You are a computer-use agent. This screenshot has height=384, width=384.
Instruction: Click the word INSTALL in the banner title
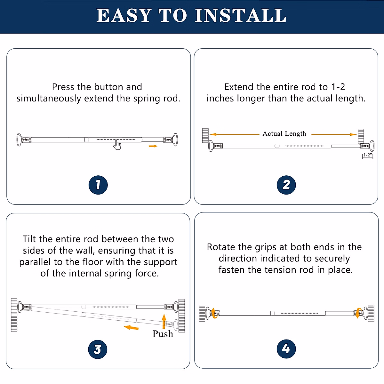click(241, 15)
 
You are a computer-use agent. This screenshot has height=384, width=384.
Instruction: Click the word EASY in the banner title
click(124, 15)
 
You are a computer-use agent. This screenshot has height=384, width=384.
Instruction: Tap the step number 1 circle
click(98, 185)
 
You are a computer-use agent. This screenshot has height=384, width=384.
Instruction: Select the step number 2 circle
click(286, 185)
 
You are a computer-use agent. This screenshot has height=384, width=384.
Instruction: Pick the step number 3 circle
click(98, 349)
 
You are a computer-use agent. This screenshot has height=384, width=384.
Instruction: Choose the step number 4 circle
click(286, 349)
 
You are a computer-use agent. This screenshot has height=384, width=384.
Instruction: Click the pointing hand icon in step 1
click(117, 145)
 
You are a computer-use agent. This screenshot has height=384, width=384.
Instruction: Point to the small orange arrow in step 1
click(153, 146)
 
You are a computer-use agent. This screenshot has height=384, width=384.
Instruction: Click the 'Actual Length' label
click(284, 134)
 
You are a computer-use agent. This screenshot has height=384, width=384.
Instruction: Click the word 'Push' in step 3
click(163, 334)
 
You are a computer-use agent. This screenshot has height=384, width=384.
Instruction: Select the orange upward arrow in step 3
click(164, 321)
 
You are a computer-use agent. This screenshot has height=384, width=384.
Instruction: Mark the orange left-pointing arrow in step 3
click(131, 327)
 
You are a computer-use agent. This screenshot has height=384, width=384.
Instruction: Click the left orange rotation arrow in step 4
click(214, 313)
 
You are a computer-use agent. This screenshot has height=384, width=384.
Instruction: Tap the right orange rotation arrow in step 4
click(359, 313)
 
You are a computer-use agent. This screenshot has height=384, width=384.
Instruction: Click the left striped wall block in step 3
click(14, 315)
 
